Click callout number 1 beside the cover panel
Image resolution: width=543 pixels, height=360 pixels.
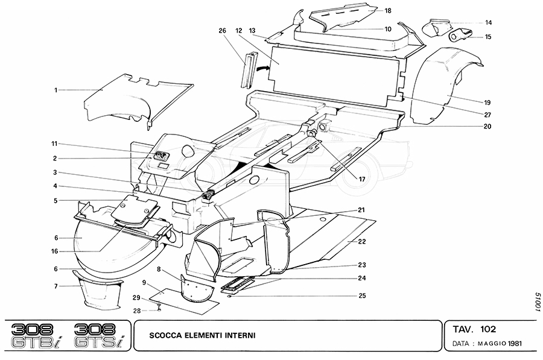point(56,90)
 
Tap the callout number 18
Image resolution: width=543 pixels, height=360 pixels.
point(388,10)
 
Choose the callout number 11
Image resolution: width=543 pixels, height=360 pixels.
point(54,144)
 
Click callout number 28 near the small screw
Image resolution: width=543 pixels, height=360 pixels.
point(137,310)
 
